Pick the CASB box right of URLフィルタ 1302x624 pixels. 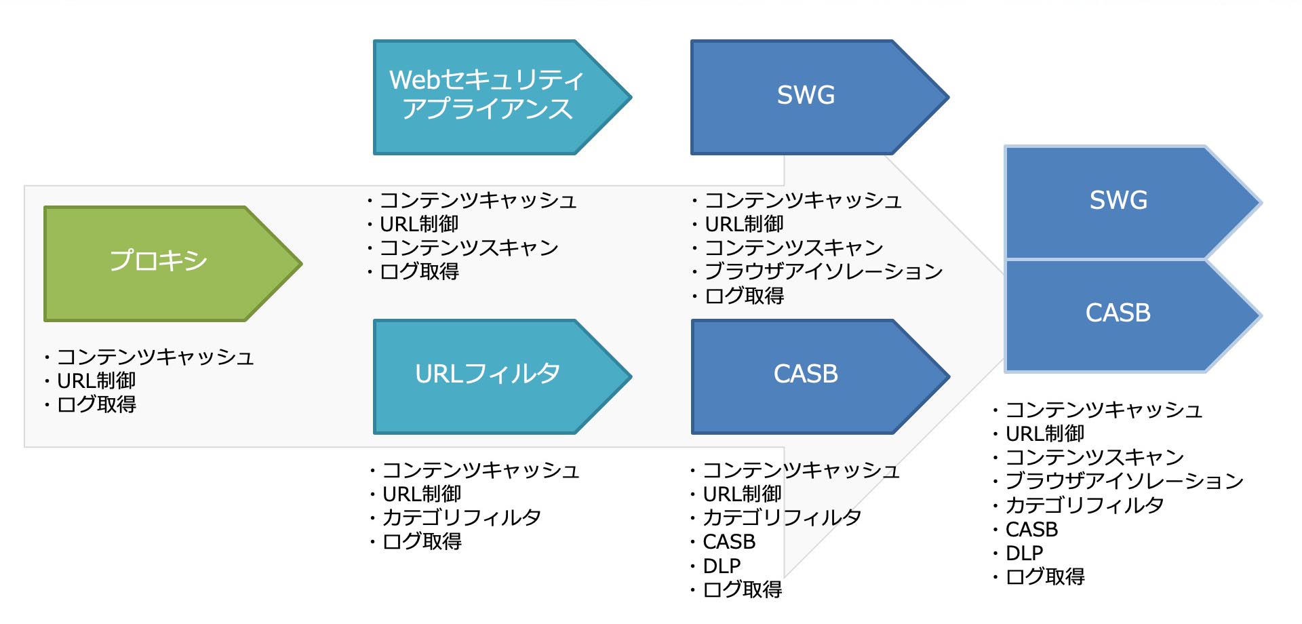point(806,375)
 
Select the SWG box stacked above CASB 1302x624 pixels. point(1119,201)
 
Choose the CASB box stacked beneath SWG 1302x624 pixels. point(1119,314)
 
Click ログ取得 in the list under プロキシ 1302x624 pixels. point(96,405)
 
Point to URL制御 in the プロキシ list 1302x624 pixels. point(96,381)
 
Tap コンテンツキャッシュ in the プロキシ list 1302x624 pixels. point(155,357)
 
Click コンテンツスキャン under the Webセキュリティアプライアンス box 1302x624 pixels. point(469,248)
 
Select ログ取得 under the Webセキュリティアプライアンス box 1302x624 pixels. point(419,272)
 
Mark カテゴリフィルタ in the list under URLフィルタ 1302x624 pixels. point(462,518)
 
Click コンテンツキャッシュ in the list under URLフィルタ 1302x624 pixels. point(481,471)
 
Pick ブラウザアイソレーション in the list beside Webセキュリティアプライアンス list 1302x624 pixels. point(824,272)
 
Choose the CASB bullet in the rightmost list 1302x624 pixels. point(1031,530)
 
